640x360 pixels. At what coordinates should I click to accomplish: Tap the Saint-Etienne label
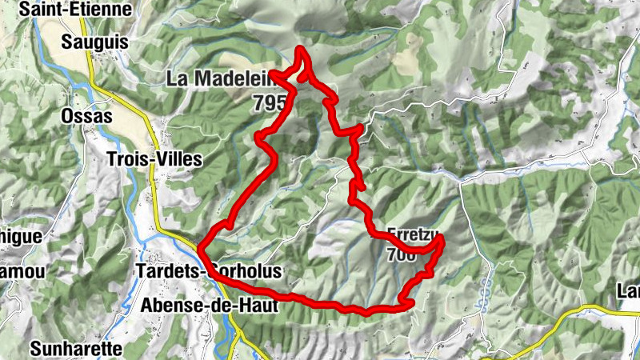point(77,10)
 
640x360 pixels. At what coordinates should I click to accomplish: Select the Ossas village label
point(85,117)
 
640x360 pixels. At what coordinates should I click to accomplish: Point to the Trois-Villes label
point(154,159)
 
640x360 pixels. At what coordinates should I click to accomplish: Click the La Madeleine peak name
point(221,78)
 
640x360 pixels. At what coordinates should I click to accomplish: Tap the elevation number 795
point(267,102)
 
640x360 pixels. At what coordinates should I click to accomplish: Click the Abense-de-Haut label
point(209,304)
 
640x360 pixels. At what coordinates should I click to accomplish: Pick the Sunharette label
point(76,349)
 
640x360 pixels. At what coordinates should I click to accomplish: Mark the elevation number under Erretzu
point(400,255)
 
